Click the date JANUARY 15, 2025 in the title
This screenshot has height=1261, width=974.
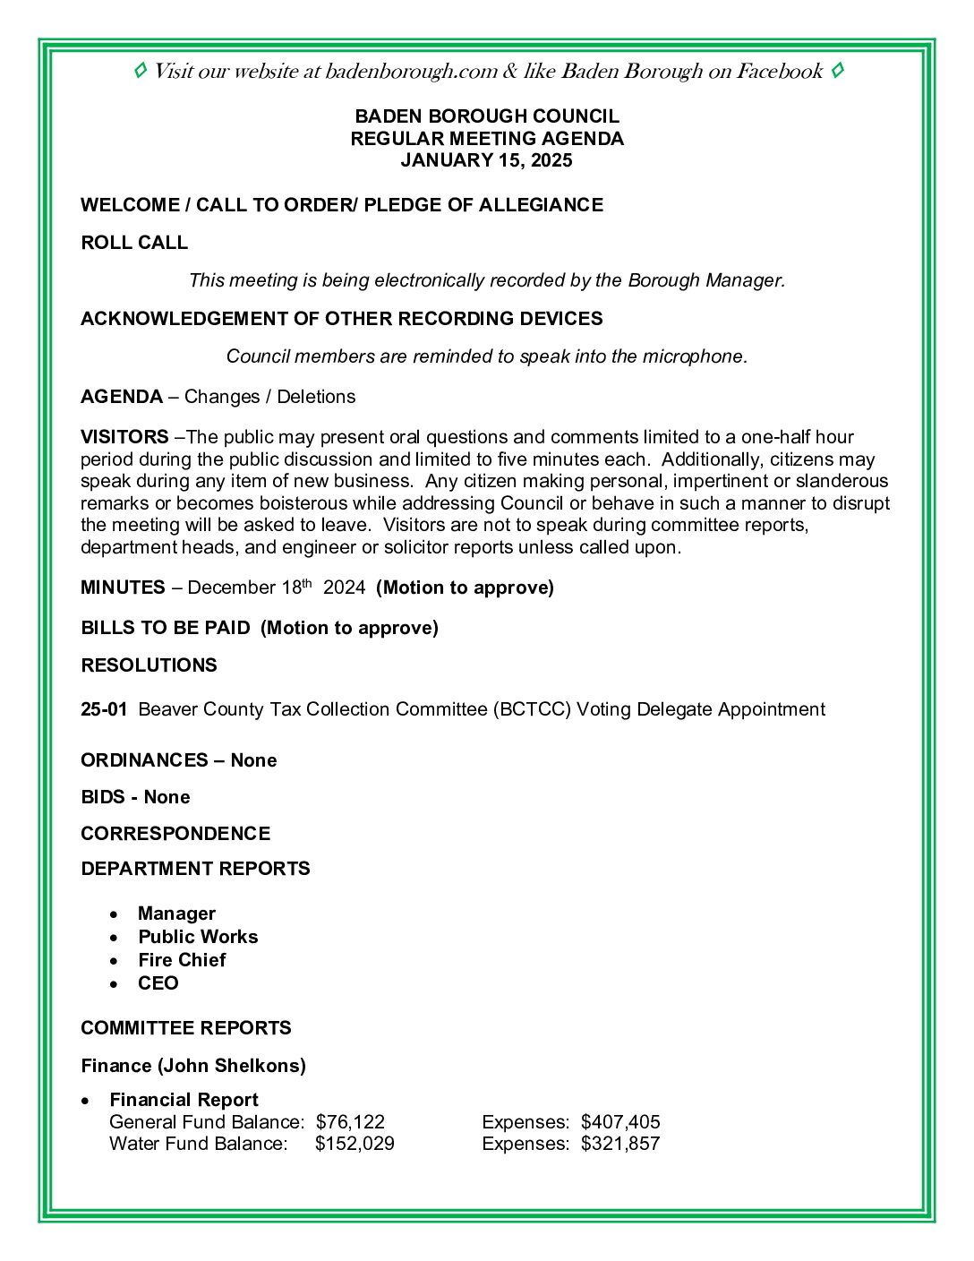point(486,161)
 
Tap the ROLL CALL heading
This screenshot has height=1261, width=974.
point(134,243)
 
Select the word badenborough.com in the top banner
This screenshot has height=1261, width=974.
point(411,72)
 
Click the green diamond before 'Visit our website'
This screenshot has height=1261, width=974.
point(141,71)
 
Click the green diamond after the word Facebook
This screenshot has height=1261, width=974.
point(837,71)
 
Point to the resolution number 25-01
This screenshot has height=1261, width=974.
point(104,709)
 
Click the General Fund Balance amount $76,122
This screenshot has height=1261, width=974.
point(350,1122)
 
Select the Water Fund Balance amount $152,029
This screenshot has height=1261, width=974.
point(355,1144)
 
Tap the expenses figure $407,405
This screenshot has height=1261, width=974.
point(620,1122)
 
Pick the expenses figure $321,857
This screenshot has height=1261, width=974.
point(620,1144)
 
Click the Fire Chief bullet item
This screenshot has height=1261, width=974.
point(182,960)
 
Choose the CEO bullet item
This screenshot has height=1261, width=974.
point(158,983)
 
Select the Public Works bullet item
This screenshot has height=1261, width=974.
point(198,937)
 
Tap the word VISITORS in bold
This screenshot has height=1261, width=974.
point(124,437)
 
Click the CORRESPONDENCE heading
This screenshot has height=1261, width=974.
point(175,834)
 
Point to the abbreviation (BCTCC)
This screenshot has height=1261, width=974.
point(531,709)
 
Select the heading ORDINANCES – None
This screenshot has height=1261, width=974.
point(179,760)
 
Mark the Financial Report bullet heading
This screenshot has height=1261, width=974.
point(184,1100)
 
